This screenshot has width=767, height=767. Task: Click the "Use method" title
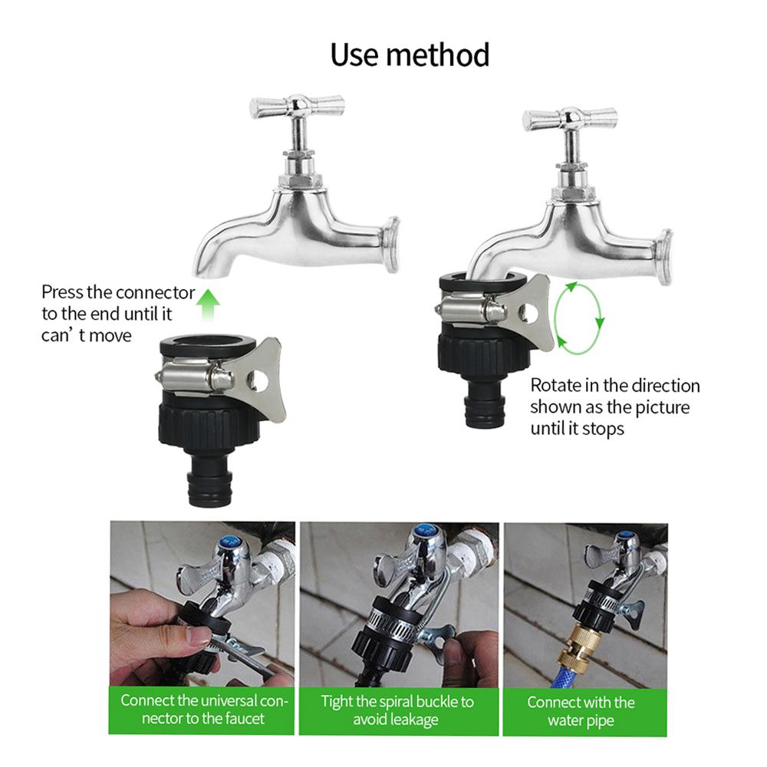[409, 54]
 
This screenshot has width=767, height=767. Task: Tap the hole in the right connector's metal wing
[526, 314]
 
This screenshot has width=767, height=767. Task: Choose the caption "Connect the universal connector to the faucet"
[203, 709]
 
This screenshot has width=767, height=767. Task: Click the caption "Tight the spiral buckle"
[397, 709]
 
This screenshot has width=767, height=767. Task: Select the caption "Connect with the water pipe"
[581, 711]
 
